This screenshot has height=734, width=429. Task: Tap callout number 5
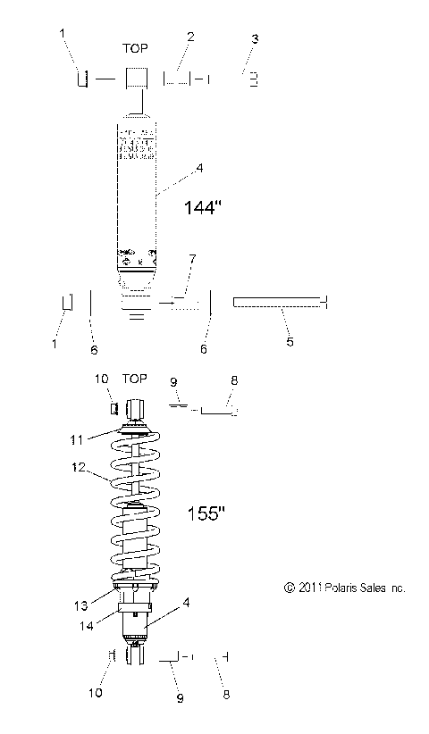pyautogui.click(x=290, y=340)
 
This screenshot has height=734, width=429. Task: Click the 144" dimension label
pyautogui.click(x=201, y=207)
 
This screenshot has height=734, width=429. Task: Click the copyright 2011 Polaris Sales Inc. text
pyautogui.click(x=332, y=588)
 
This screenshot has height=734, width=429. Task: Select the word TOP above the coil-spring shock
pyautogui.click(x=136, y=379)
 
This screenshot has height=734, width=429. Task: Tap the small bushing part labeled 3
pyautogui.click(x=254, y=79)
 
